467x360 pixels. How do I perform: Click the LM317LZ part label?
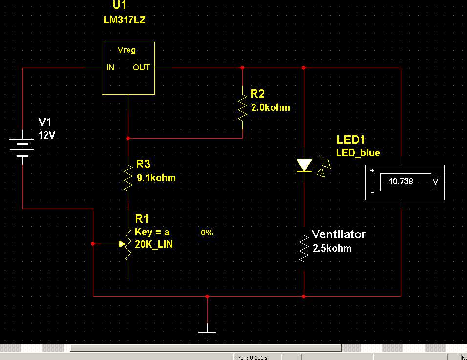point(124,21)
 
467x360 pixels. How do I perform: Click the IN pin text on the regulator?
point(110,67)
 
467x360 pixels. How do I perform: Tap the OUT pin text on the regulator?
point(141,67)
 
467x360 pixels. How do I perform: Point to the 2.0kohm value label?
point(270,107)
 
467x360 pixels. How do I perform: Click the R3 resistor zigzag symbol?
point(128,178)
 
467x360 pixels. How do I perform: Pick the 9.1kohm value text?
point(156,178)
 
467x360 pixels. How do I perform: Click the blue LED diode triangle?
point(304,165)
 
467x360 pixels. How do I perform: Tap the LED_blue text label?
point(358,153)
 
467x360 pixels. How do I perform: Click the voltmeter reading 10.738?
point(401,181)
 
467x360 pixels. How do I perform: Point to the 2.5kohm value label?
point(331,248)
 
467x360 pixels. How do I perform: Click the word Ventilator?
point(339,234)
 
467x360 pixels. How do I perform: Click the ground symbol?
point(207,333)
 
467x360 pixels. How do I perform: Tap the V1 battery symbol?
point(22,147)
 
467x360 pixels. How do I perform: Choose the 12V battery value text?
point(47,135)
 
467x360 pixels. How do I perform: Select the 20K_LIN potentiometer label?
point(153,244)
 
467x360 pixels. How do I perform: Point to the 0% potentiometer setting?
point(207,233)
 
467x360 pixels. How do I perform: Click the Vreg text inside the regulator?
point(127,50)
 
